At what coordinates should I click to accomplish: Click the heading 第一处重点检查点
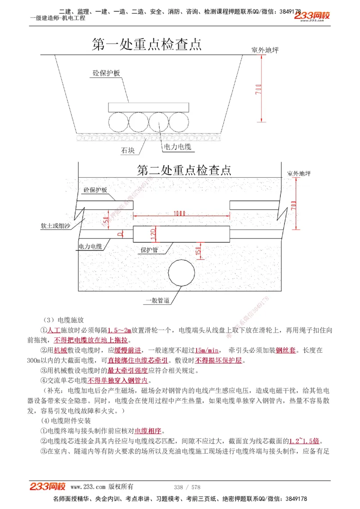pos(146,44)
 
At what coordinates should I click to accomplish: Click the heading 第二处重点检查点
pos(184,170)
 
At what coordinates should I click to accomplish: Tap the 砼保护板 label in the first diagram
pos(106,73)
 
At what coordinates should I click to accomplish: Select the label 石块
pos(127,151)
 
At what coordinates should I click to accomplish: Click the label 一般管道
pos(157,300)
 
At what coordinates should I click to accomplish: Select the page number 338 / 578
pos(187,487)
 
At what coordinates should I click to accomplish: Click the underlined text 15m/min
pos(207,350)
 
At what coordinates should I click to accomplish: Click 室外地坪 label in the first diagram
pos(265,50)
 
